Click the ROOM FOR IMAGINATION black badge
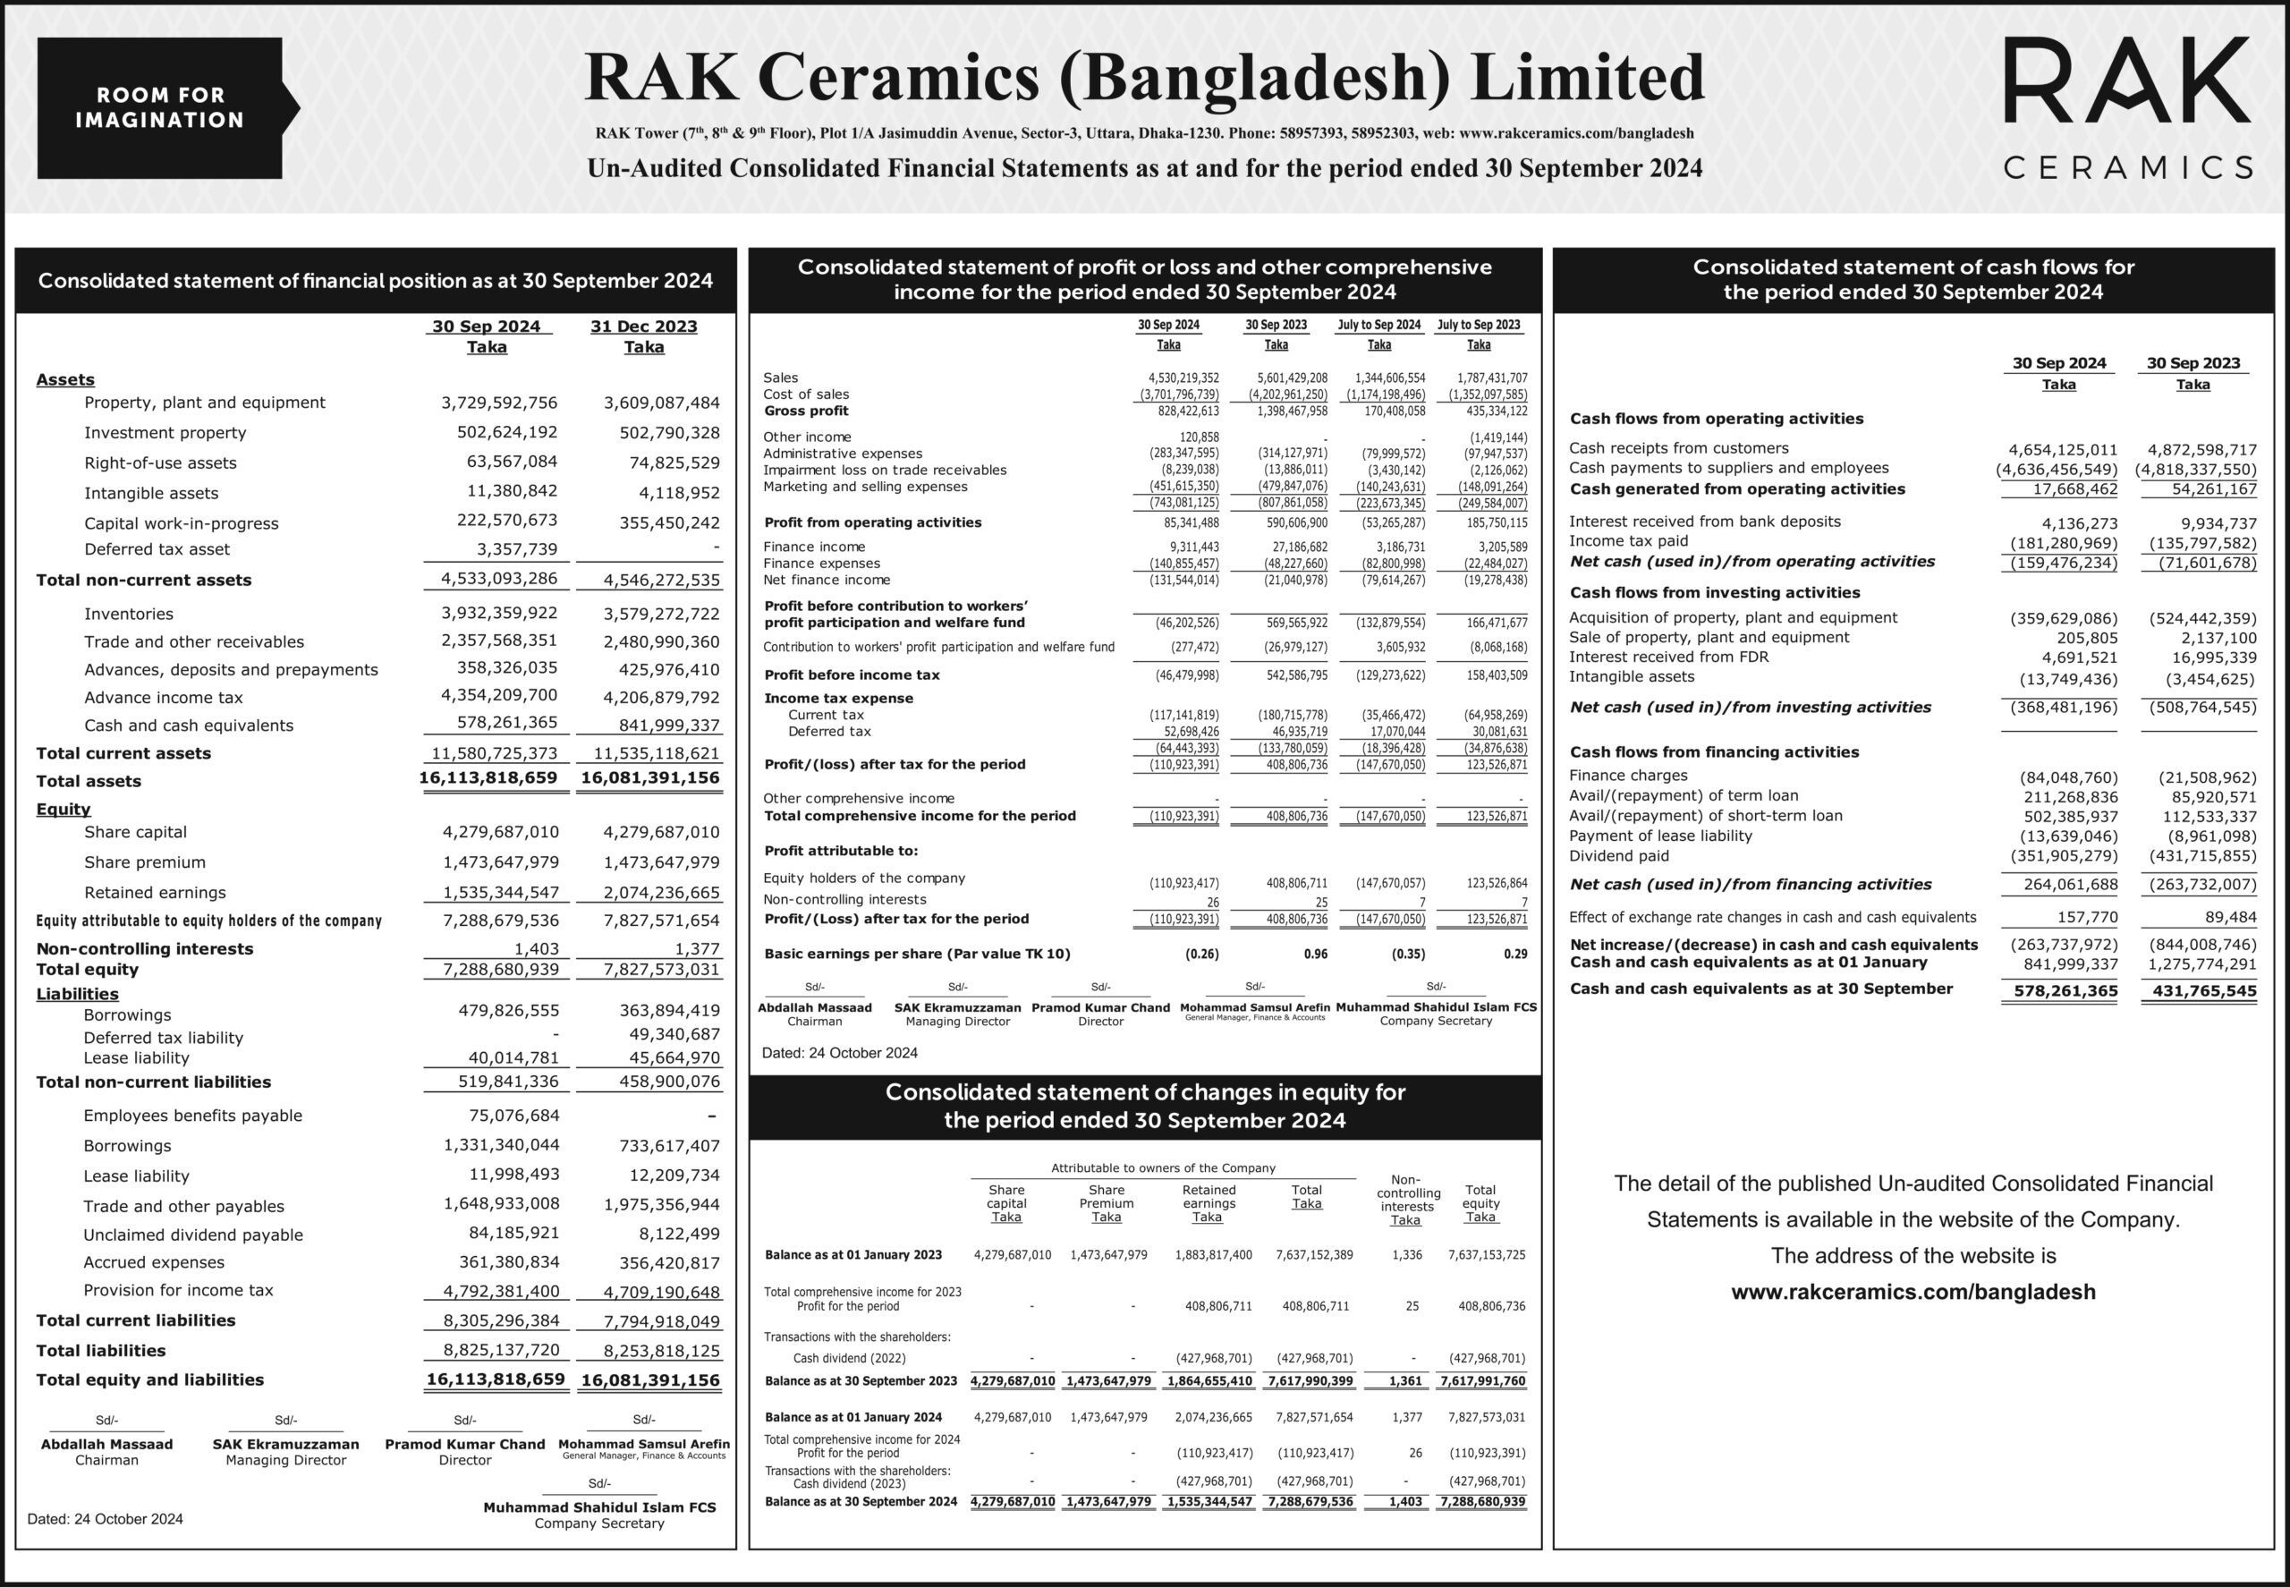160,107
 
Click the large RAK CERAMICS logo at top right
2126,107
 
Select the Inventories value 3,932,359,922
499,614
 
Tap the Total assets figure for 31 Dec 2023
650,777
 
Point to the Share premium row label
144,862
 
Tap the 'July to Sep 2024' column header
1378,325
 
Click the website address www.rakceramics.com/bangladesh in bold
1913,1292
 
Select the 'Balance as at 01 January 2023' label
853,1255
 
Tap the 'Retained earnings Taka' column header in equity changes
1209,1203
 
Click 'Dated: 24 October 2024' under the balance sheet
106,1518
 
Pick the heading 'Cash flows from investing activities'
1714,592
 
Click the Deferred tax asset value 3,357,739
515,549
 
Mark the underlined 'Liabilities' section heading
77,993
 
